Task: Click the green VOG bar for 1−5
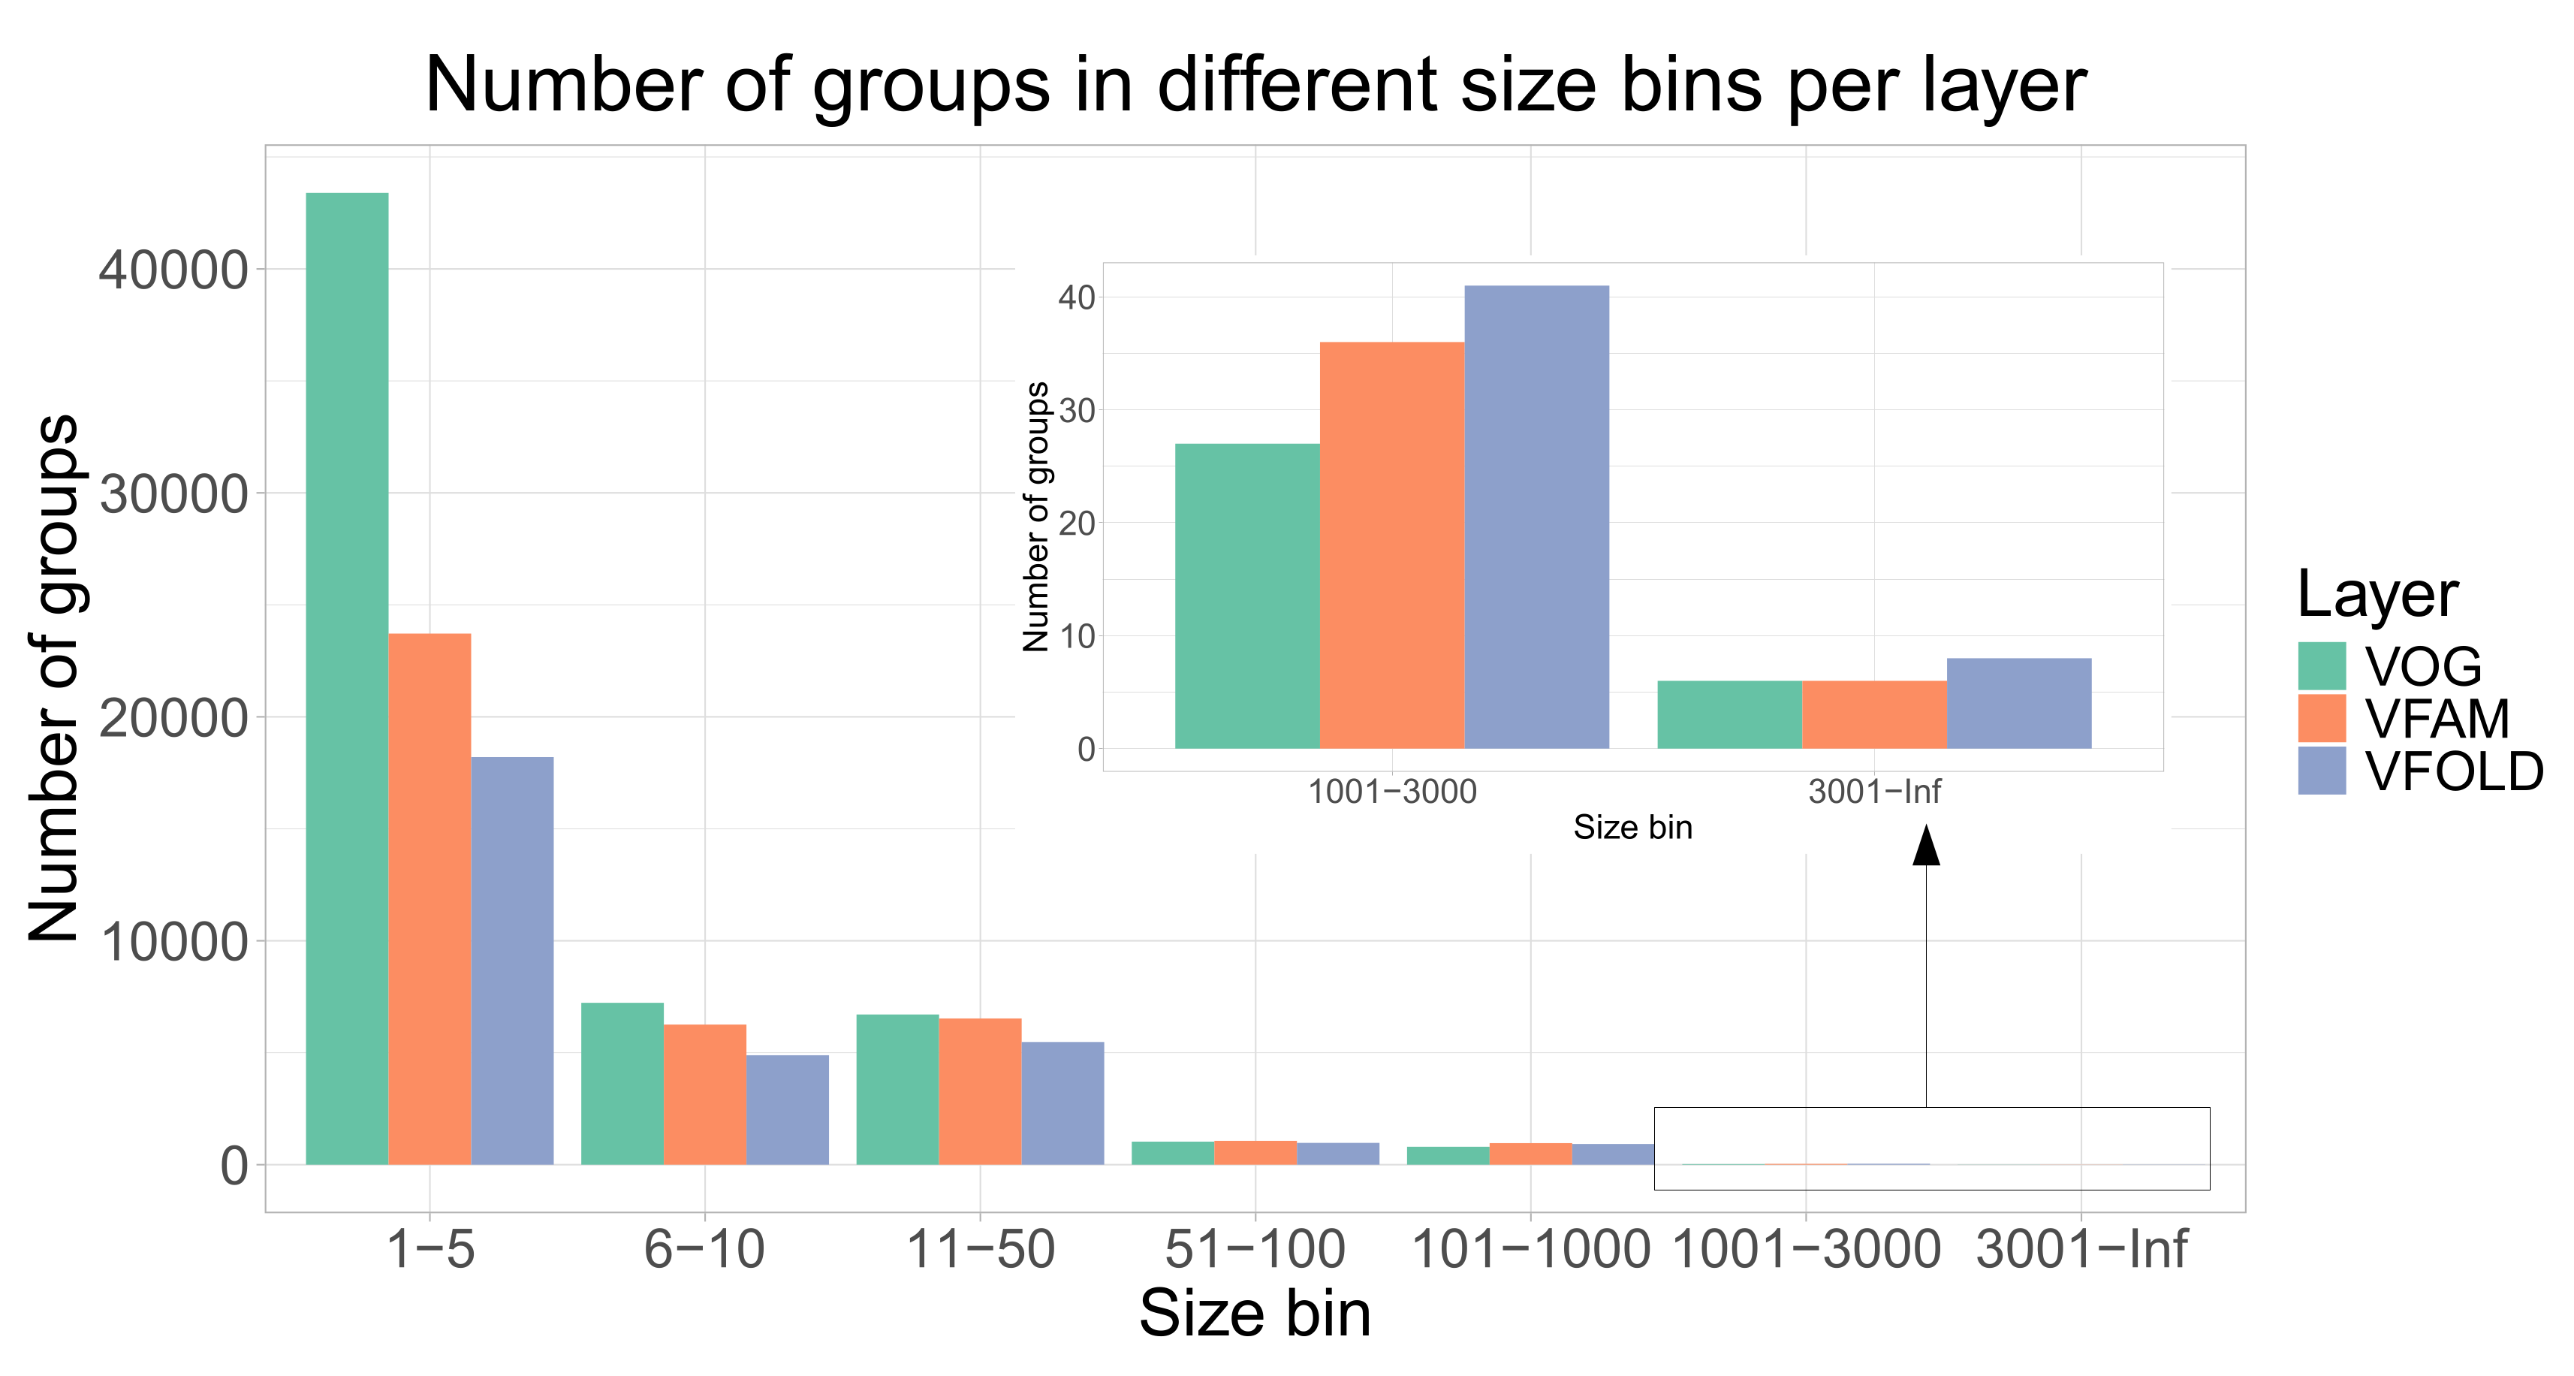(347, 680)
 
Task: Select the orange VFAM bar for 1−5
(430, 899)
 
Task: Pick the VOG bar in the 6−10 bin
(622, 1085)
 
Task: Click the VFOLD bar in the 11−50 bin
(1062, 1103)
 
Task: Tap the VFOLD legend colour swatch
(2321, 771)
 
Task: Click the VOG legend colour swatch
(2321, 666)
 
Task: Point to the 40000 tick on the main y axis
(173, 270)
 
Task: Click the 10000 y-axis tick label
(173, 943)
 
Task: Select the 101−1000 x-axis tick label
(1530, 1250)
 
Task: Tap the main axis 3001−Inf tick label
(2081, 1250)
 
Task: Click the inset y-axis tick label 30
(1076, 411)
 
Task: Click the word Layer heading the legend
(2377, 595)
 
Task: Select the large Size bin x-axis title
(1254, 1314)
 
